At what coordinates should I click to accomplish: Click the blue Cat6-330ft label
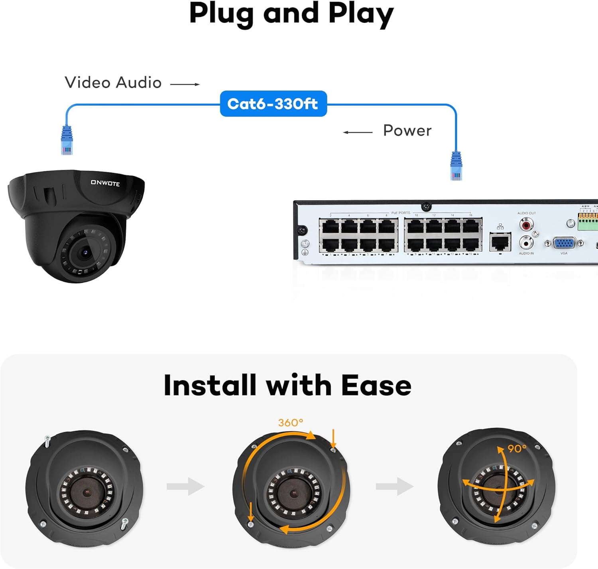pos(273,104)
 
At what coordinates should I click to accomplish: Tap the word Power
pos(407,131)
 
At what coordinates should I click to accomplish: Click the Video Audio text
pos(113,83)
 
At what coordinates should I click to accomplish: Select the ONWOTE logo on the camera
pos(105,183)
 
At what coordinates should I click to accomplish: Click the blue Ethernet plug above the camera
pos(67,140)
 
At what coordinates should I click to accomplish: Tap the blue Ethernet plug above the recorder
pos(456,166)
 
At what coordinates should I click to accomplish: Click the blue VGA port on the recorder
pos(564,243)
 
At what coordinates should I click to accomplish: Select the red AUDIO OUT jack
pos(526,225)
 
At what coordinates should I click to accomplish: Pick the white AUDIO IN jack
pos(526,242)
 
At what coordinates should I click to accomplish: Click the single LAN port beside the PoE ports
pos(500,242)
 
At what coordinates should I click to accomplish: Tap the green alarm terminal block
pos(588,221)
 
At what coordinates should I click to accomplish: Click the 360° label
pos(291,423)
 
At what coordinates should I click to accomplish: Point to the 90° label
pos(517,449)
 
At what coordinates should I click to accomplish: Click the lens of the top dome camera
pos(85,252)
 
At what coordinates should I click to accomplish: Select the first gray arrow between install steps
pos(185,486)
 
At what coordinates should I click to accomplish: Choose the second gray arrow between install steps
pos(395,486)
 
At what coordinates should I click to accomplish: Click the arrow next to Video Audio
pos(185,85)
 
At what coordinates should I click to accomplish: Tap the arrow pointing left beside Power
pos(358,132)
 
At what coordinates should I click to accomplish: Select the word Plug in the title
pos(221,14)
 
